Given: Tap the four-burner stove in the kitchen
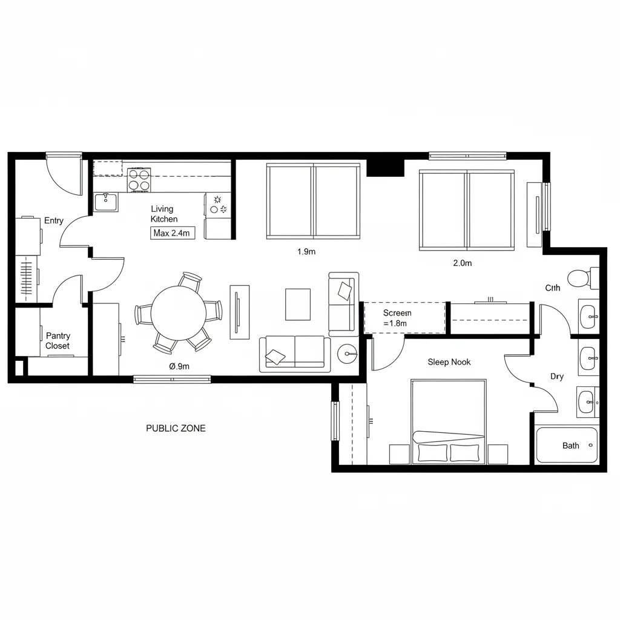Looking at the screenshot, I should click(139, 180).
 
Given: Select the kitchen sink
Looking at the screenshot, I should click(106, 202).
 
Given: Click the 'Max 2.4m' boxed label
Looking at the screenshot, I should click(173, 233).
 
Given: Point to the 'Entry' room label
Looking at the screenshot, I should click(54, 221).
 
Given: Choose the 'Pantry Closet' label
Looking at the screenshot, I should click(58, 341).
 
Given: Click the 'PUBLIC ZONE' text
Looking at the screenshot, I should click(176, 428).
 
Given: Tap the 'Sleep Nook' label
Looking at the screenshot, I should click(449, 362).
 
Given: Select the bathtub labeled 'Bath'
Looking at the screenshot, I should click(567, 445).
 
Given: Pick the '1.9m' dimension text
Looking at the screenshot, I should click(306, 252).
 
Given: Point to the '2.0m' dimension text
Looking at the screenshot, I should click(462, 263).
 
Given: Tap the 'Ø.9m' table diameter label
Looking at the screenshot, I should click(179, 366).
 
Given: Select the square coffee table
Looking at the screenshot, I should click(297, 304).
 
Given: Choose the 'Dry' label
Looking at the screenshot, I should click(557, 377).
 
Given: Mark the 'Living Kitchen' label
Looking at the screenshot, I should click(164, 214).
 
